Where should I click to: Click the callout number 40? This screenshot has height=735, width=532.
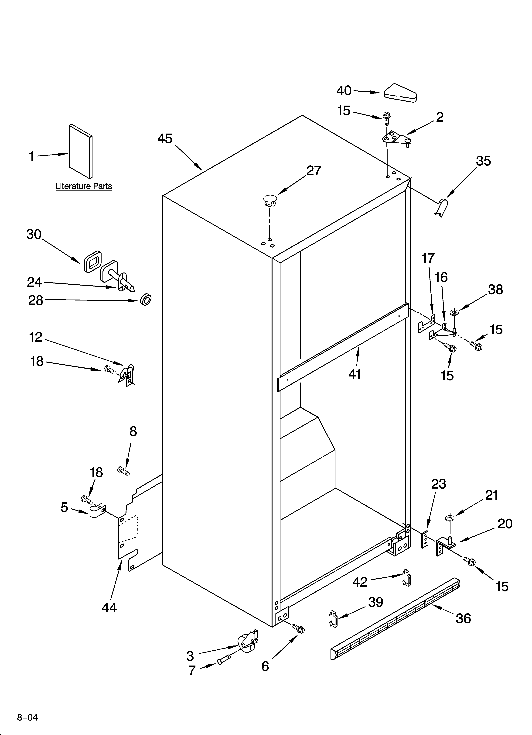(344, 91)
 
